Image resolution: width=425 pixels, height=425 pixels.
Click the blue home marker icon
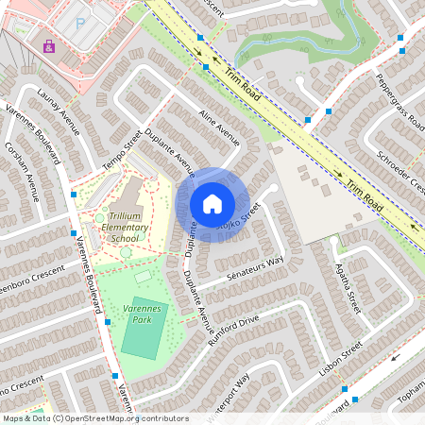coord(212,203)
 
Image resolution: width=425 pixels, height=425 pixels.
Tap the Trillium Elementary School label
coord(124,228)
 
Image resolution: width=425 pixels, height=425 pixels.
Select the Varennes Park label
coord(144,314)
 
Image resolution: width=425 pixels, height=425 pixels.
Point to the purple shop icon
coord(48,45)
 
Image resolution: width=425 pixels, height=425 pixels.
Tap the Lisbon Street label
coord(341,359)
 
